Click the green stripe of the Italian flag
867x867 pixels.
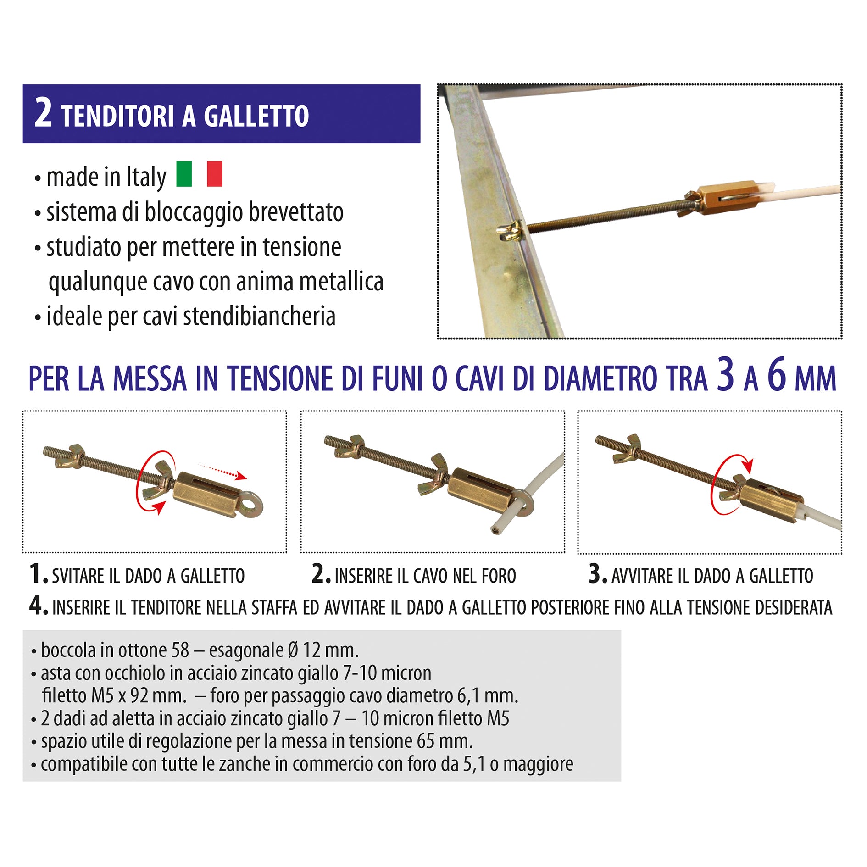[x=184, y=174]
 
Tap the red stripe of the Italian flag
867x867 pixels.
[x=214, y=174]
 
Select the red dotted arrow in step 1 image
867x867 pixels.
[x=222, y=472]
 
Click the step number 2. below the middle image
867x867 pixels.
[x=321, y=574]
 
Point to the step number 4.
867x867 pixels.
[x=39, y=606]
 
